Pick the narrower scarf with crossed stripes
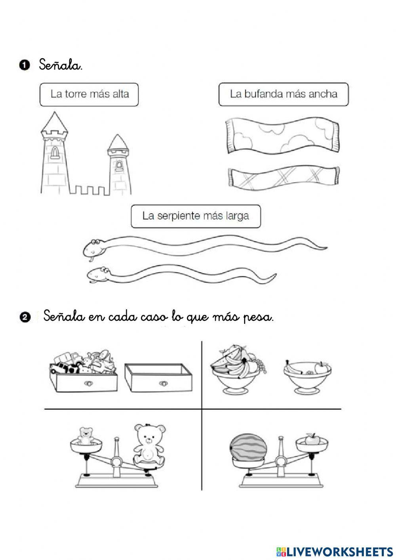coord(284,178)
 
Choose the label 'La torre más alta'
coord(89,94)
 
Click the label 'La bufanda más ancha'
coord(284,94)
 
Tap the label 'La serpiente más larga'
coord(196,216)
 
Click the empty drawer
coord(158,378)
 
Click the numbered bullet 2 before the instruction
coord(24,317)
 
